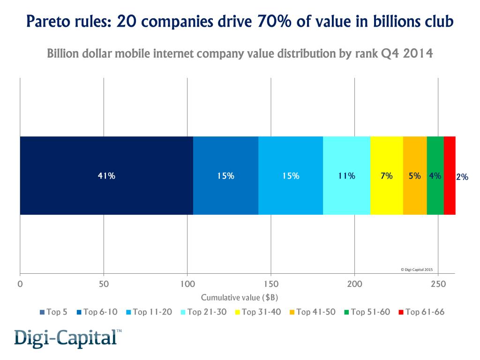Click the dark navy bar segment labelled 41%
coord(106,176)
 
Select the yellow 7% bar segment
coord(386,176)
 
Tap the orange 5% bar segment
coord(415,176)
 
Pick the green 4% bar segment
coord(435,176)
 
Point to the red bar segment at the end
coord(450,176)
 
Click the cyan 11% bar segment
coord(346,176)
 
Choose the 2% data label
coord(462,177)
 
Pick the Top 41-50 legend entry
coord(312,312)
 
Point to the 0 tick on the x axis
coord(20,284)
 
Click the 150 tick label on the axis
coord(271,284)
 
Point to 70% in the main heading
coord(269,22)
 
